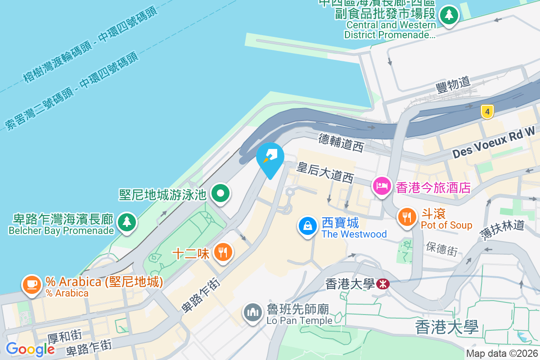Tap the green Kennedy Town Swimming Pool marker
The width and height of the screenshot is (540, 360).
[220, 194]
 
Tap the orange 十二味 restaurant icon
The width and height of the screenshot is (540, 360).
[223, 251]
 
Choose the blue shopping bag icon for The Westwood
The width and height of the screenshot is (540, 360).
[307, 225]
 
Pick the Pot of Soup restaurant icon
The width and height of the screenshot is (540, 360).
[407, 217]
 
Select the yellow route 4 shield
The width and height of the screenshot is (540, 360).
[486, 112]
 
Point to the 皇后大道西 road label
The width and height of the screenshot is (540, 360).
[325, 173]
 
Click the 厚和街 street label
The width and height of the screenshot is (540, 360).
[65, 335]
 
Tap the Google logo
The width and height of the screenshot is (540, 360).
[30, 349]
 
